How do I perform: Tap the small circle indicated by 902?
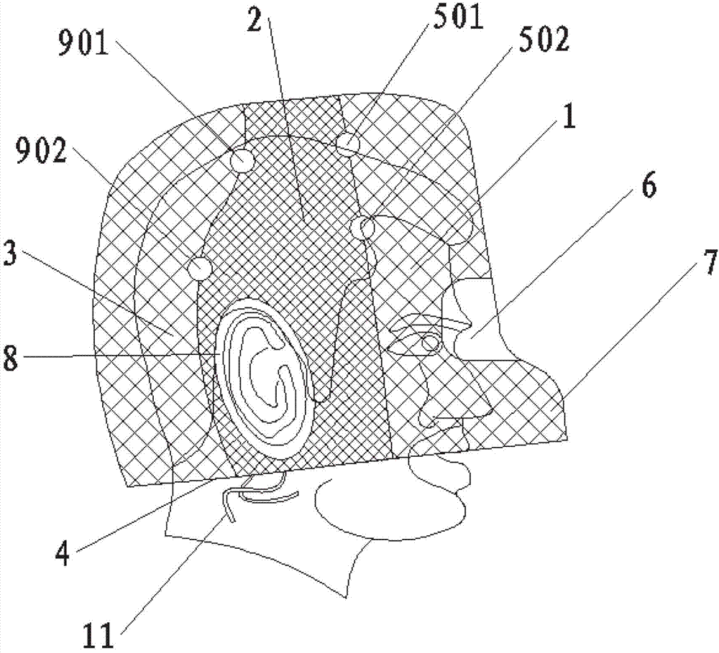[200, 269]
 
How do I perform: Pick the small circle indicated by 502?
[367, 229]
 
